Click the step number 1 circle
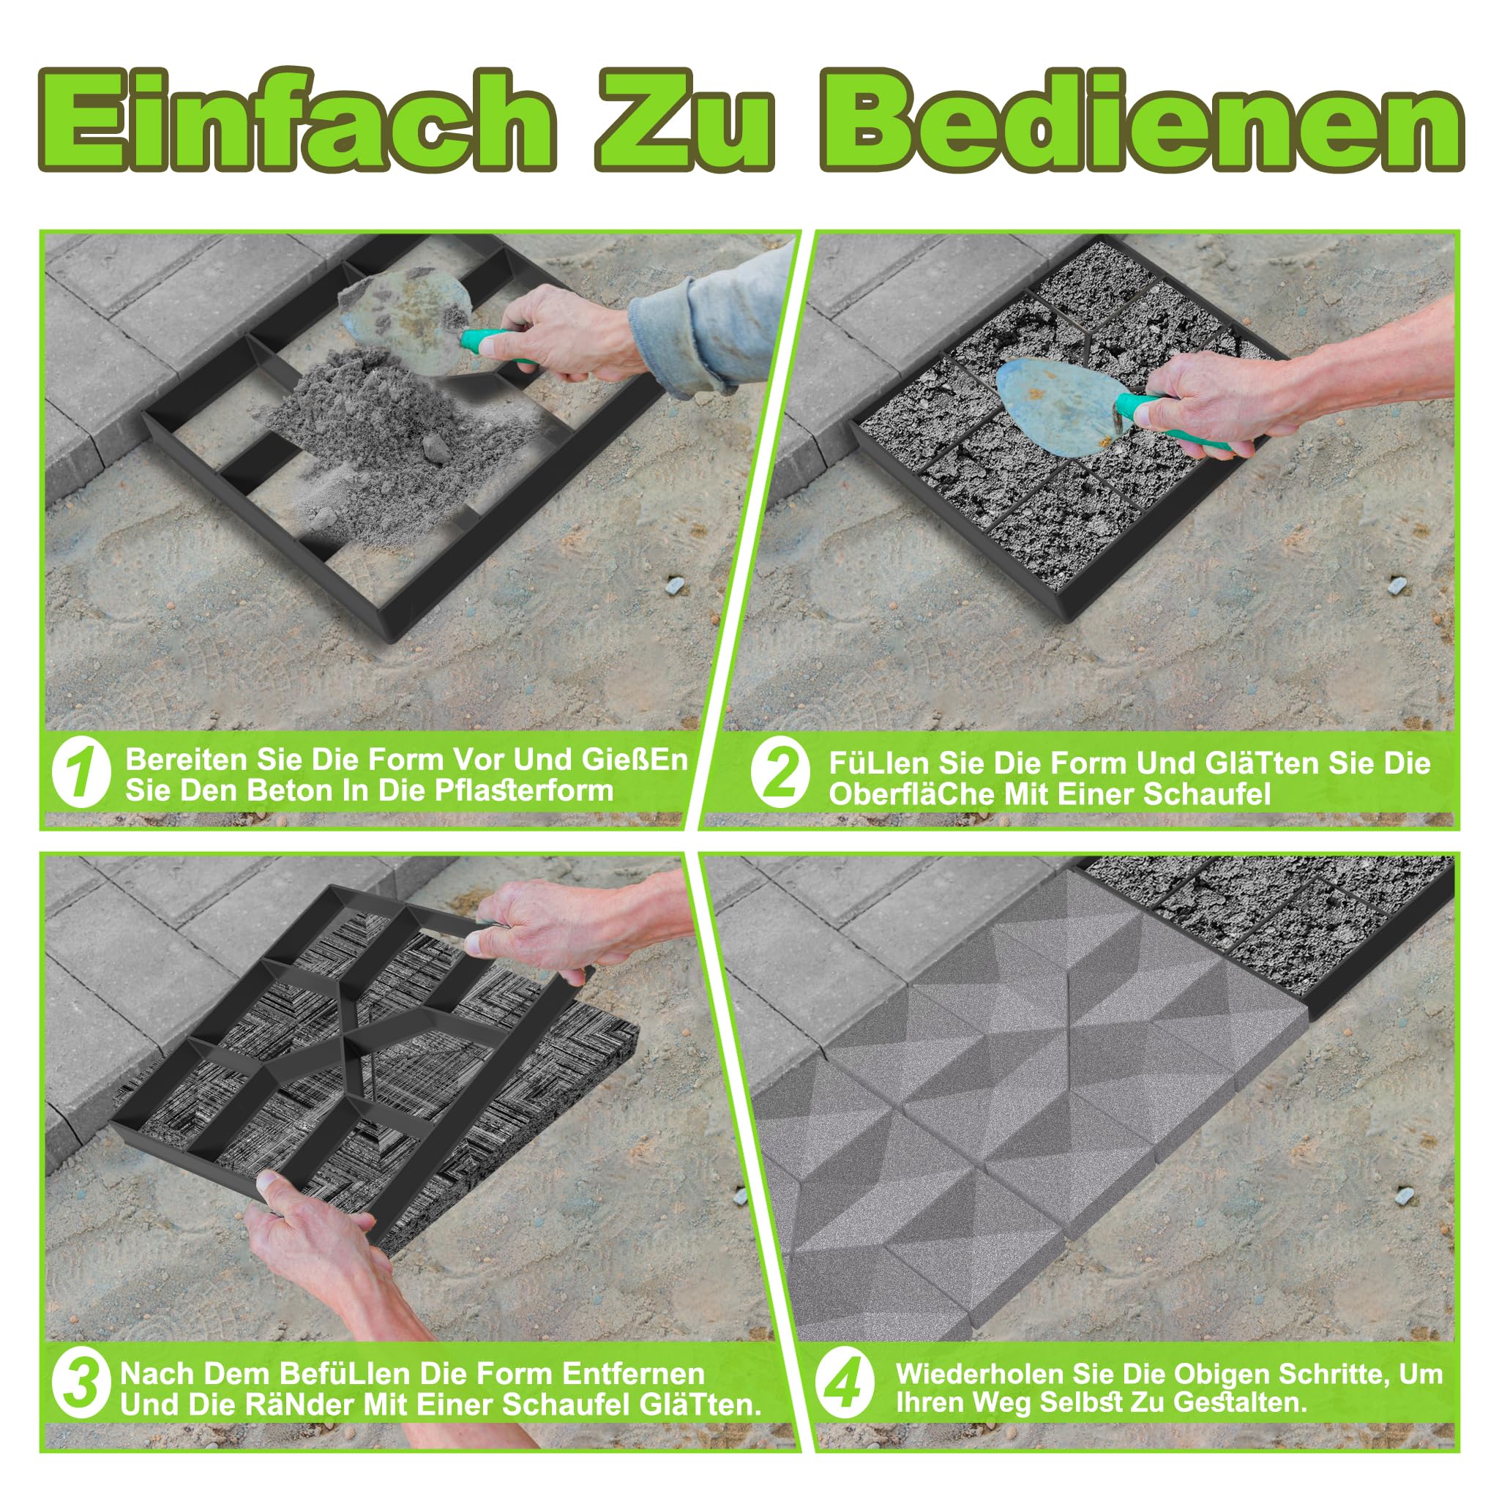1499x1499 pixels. pos(81,774)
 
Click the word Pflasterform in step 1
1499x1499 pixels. pos(524,791)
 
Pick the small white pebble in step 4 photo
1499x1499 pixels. pos(1402,1196)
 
